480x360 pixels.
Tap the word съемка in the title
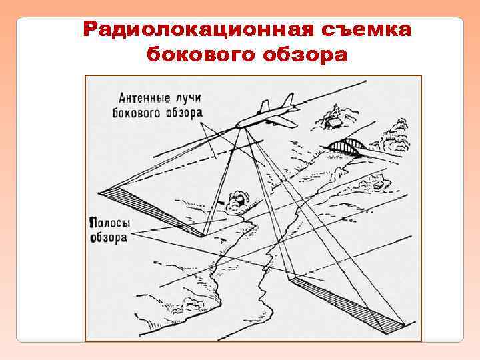tap(366, 29)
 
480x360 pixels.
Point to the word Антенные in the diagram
tap(144, 98)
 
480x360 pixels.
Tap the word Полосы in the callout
tap(109, 223)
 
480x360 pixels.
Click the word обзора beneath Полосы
tap(109, 237)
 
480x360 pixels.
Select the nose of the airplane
tap(238, 126)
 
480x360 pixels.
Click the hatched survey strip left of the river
tap(151, 211)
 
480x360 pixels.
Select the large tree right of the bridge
tap(395, 134)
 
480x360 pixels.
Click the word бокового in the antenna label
tap(137, 113)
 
